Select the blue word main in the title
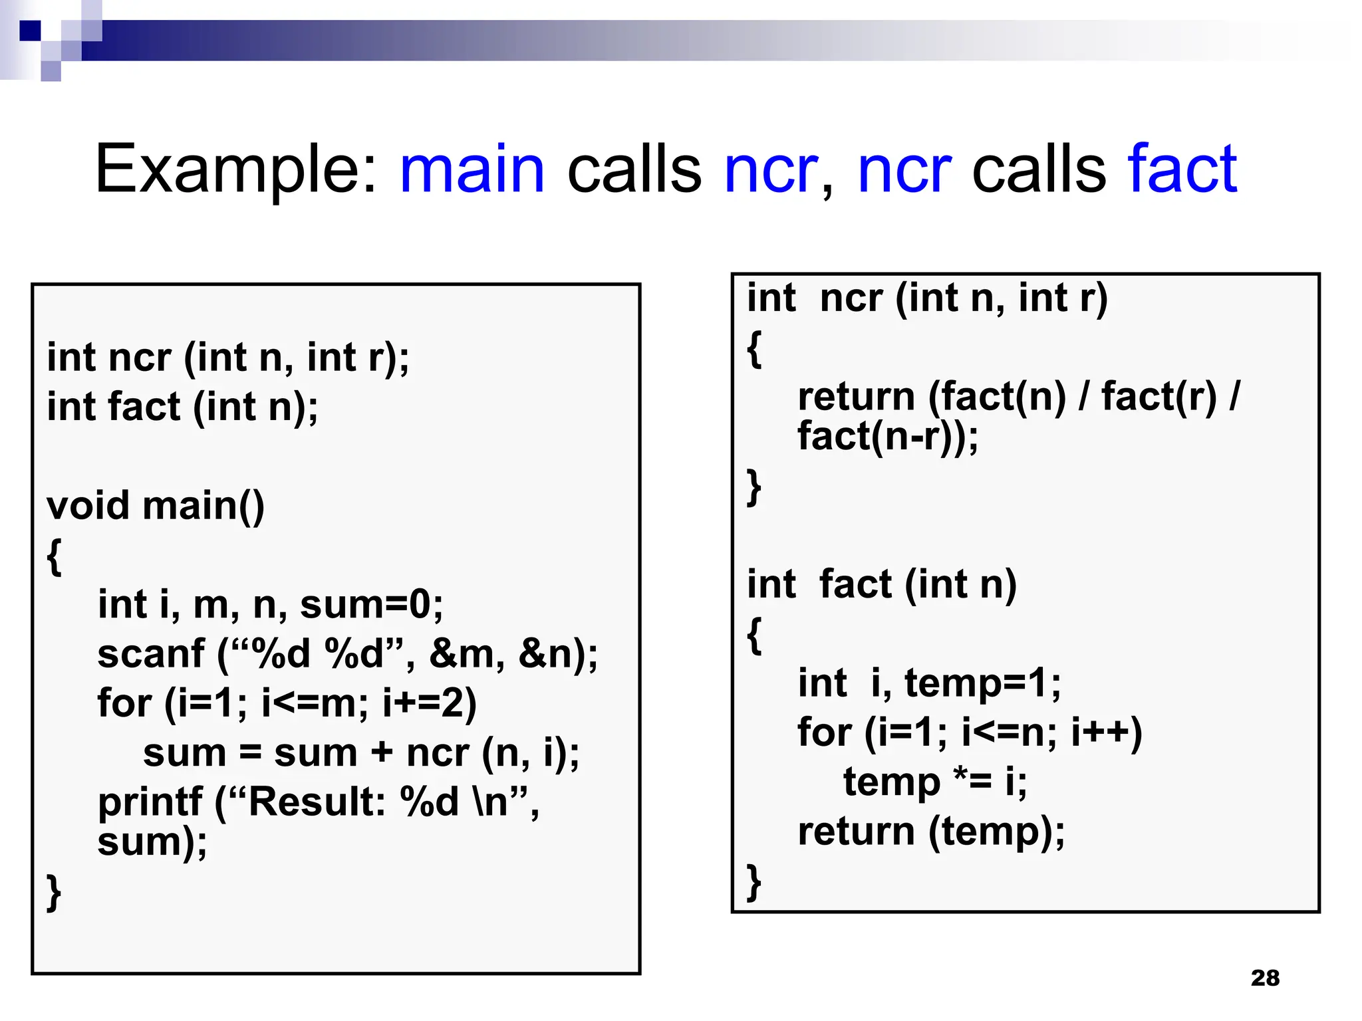pyautogui.click(x=472, y=170)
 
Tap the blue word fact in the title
pyautogui.click(x=1182, y=170)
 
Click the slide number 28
pyautogui.click(x=1265, y=978)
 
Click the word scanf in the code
pyautogui.click(x=151, y=653)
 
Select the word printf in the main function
pyautogui.click(x=150, y=802)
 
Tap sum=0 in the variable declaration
pyautogui.click(x=371, y=604)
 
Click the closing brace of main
pyautogui.click(x=54, y=892)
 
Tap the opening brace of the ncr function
pyautogui.click(x=754, y=348)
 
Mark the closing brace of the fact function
pyautogui.click(x=754, y=882)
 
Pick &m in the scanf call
pyautogui.click(x=463, y=653)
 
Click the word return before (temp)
pyautogui.click(x=857, y=832)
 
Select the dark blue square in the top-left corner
pyautogui.click(x=30, y=31)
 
